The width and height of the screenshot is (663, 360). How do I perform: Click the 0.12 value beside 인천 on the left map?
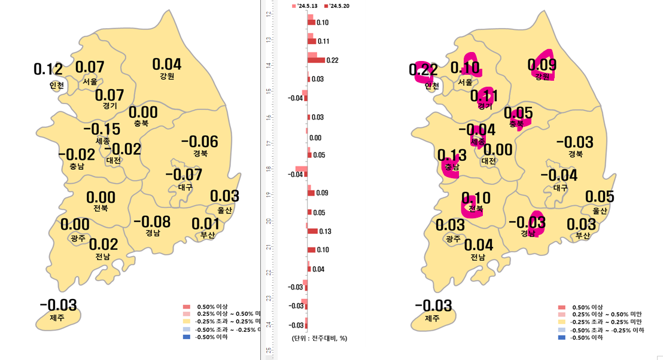48,69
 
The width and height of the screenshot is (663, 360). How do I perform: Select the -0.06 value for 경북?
199,142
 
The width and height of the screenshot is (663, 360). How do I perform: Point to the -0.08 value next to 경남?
151,222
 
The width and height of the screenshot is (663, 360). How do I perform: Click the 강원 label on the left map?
167,77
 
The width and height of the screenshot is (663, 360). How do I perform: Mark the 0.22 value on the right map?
423,70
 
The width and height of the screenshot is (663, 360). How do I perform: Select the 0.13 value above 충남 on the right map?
452,155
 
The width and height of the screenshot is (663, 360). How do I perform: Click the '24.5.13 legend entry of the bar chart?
304,6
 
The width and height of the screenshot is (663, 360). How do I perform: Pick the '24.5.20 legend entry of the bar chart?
336,6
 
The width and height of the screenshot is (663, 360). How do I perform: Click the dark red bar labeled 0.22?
316,60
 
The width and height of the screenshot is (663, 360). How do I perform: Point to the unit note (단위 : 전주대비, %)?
320,338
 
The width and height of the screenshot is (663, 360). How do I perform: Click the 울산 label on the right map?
600,211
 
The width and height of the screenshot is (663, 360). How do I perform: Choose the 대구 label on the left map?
185,187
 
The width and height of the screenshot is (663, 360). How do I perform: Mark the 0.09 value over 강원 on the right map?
542,65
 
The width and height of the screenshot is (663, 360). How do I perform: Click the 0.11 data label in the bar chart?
324,41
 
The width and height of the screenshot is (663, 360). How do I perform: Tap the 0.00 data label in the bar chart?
315,138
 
